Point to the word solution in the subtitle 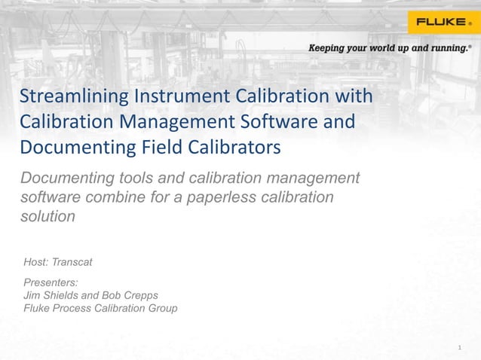point(47,217)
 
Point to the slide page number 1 point(459,347)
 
